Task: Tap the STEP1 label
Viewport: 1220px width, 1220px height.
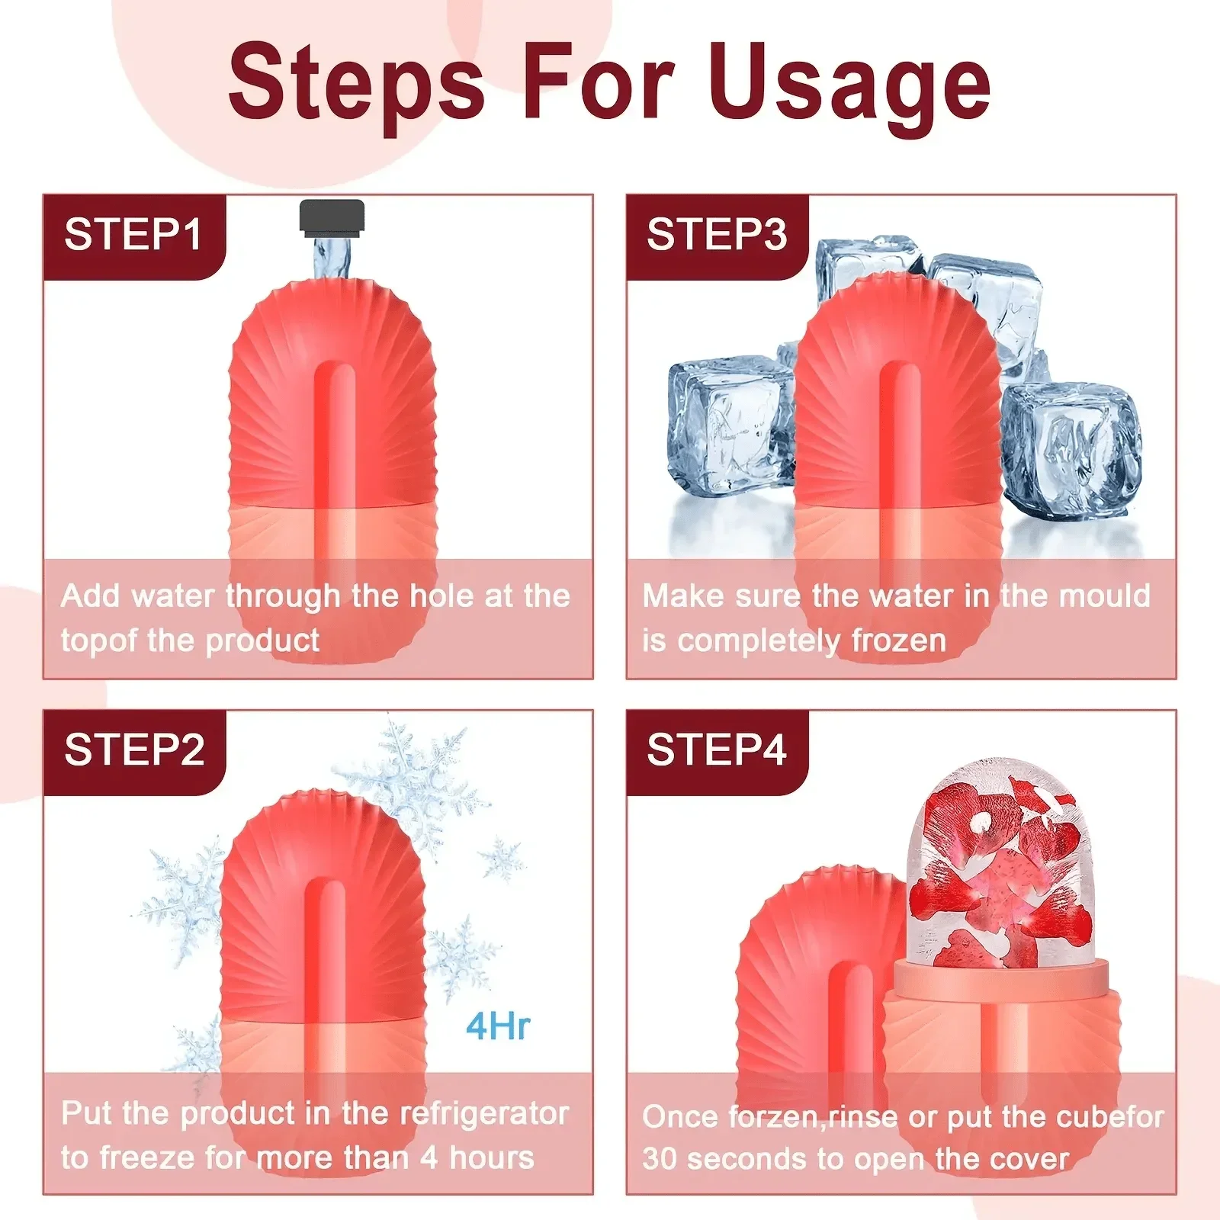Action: (133, 234)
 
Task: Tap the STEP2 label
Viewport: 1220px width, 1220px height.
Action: (134, 750)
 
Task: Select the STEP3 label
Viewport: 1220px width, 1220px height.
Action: (716, 234)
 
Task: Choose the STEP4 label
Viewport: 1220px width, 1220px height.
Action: (716, 750)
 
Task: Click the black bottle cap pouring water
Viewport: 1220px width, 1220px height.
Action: (332, 216)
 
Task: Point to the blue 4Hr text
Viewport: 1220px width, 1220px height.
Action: (498, 1026)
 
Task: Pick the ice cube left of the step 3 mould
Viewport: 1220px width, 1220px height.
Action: (728, 427)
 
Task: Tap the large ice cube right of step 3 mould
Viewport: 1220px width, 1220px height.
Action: (1071, 450)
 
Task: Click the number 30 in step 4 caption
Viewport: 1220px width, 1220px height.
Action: (660, 1160)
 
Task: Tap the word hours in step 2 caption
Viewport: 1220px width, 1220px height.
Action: (492, 1158)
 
